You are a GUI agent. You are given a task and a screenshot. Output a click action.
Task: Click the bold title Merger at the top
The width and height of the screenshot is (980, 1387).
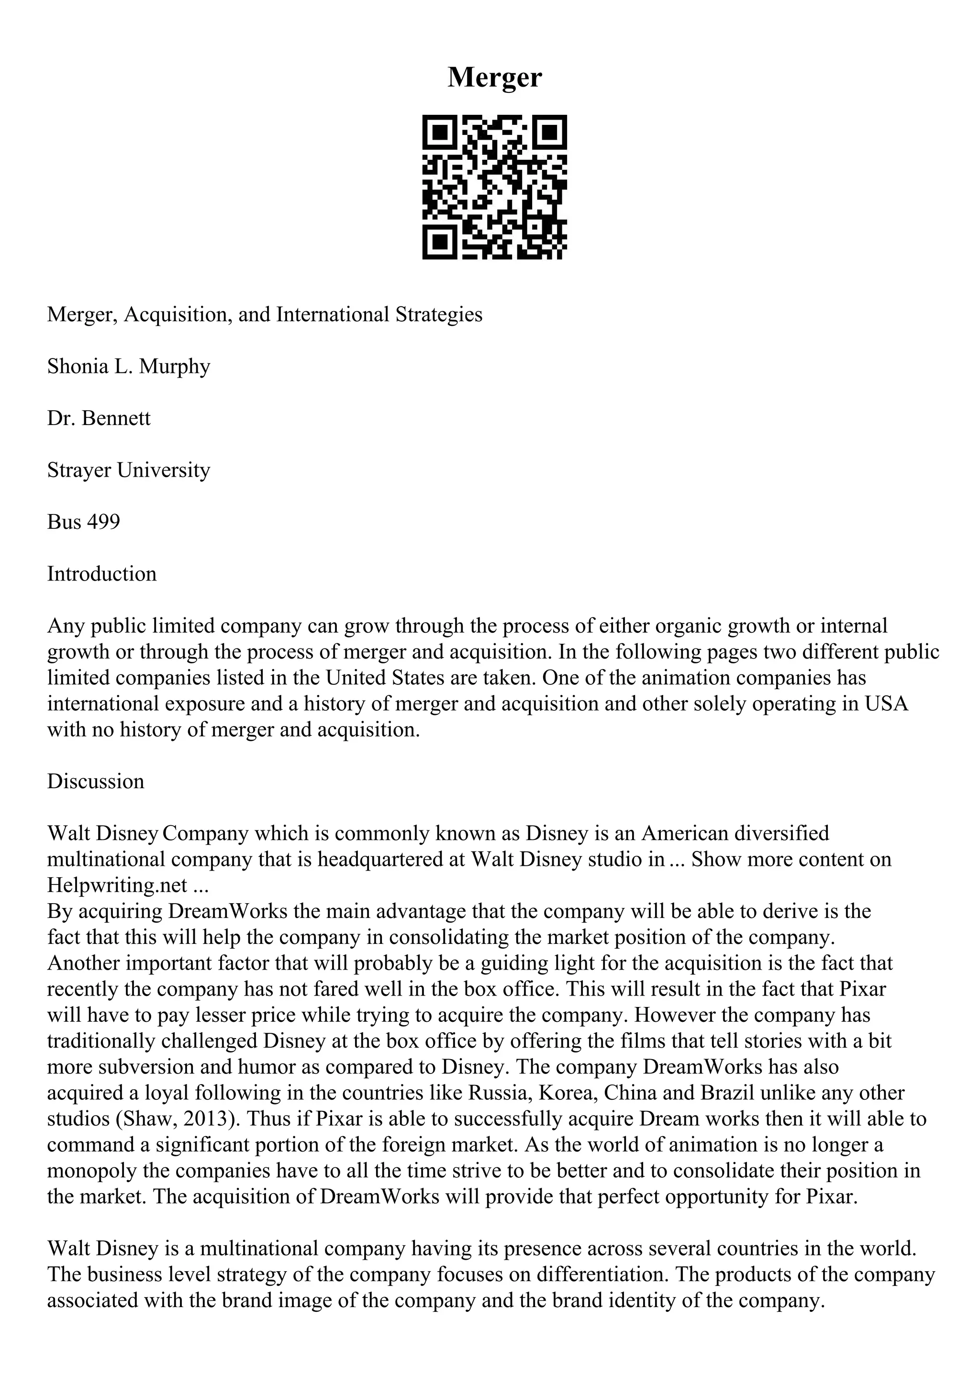pyautogui.click(x=494, y=78)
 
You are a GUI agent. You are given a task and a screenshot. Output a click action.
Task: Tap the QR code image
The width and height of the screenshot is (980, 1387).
pyautogui.click(x=494, y=187)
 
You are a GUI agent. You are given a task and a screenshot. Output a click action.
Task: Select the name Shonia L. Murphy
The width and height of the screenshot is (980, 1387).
pyautogui.click(x=129, y=367)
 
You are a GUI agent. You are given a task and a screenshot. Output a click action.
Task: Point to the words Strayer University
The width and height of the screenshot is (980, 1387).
pyautogui.click(x=129, y=470)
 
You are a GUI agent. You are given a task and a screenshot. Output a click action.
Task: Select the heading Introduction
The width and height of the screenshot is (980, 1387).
pyautogui.click(x=101, y=574)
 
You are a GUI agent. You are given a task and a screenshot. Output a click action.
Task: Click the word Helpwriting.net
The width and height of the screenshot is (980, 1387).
pyautogui.click(x=117, y=885)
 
